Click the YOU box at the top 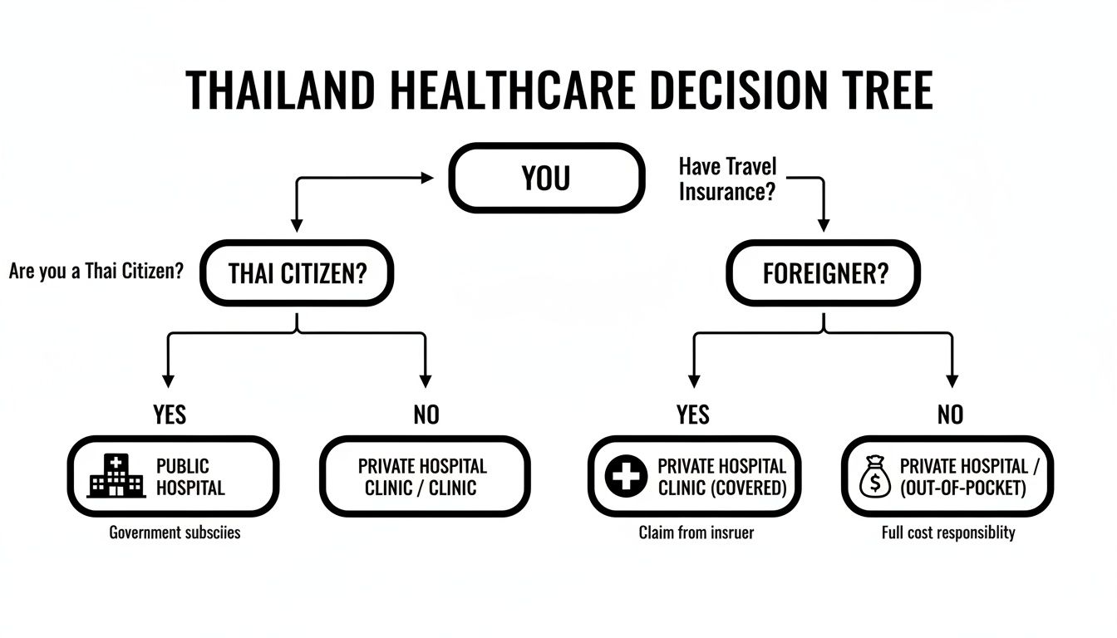(546, 178)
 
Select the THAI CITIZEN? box (297, 273)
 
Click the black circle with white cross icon (626, 477)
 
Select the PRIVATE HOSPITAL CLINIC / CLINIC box (425, 477)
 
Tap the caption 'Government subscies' (175, 532)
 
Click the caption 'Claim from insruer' (696, 532)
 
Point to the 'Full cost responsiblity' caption (948, 532)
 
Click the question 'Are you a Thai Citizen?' (96, 272)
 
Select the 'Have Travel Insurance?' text (728, 179)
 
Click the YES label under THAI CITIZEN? (170, 414)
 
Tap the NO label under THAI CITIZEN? (426, 414)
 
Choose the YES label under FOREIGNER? (693, 414)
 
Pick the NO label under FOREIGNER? (950, 414)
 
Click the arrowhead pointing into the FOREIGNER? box (824, 224)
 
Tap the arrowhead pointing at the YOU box (427, 177)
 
